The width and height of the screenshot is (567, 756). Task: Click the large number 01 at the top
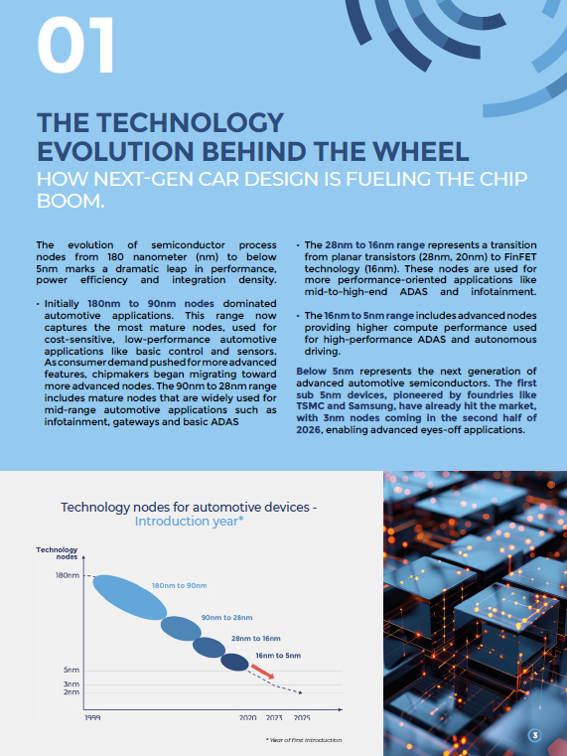[x=75, y=45]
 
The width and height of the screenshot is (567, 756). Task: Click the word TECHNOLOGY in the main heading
[x=191, y=122]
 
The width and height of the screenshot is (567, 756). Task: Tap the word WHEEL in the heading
[x=418, y=151]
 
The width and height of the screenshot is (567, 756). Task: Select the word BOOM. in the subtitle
[x=71, y=201]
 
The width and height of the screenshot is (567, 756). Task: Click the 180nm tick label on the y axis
[x=68, y=575]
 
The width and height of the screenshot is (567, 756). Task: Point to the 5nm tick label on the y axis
[x=71, y=670]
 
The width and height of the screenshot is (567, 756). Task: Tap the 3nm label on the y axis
[x=71, y=683]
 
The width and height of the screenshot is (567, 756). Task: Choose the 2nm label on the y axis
[x=71, y=691]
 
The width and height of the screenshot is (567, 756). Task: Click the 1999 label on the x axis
[x=92, y=718]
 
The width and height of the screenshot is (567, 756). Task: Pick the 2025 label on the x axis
[x=302, y=718]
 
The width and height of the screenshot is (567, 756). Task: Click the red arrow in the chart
[x=262, y=672]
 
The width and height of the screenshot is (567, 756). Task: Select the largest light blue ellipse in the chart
[x=130, y=597]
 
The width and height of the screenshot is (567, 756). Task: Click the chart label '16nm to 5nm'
[x=278, y=656]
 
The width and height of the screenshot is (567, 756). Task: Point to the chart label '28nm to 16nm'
[x=256, y=639]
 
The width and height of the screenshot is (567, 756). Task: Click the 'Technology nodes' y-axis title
[x=57, y=553]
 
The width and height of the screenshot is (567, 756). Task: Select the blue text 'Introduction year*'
[x=190, y=522]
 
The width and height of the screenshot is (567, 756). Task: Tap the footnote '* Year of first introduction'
[x=304, y=740]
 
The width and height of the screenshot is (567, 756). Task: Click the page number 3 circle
[x=534, y=735]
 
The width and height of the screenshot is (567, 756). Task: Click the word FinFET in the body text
[x=520, y=257]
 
